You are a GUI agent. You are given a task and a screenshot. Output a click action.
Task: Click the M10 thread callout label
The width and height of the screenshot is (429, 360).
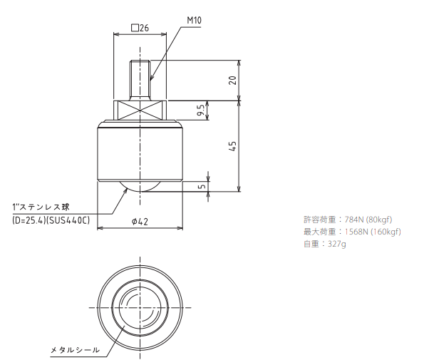pyautogui.click(x=194, y=21)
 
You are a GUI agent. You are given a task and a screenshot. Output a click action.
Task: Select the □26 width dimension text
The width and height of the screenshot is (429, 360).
pyautogui.click(x=140, y=29)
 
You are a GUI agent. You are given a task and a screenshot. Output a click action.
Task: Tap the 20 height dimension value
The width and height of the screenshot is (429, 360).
pyautogui.click(x=232, y=80)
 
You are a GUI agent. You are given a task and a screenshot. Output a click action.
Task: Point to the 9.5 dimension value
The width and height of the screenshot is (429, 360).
pyautogui.click(x=202, y=110)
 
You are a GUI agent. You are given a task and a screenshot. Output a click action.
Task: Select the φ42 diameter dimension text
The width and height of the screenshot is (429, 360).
pyautogui.click(x=140, y=222)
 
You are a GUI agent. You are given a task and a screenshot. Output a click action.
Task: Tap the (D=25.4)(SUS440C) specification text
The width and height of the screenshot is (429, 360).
pyautogui.click(x=51, y=220)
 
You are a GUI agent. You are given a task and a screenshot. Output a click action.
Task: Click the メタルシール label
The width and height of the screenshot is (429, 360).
pyautogui.click(x=73, y=350)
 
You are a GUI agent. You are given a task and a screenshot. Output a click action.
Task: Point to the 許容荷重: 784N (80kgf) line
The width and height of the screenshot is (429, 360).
pyautogui.click(x=348, y=219)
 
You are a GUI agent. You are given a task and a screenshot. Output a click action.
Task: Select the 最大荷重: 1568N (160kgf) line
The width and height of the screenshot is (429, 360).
pyautogui.click(x=351, y=232)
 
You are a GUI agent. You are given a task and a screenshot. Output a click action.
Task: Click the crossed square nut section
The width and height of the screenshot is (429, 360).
pyautogui.click(x=140, y=111)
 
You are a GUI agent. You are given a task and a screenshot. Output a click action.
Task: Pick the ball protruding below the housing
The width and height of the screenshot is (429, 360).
pyautogui.click(x=140, y=187)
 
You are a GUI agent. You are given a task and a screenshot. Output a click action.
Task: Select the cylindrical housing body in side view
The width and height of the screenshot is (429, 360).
pyautogui.click(x=140, y=153)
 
